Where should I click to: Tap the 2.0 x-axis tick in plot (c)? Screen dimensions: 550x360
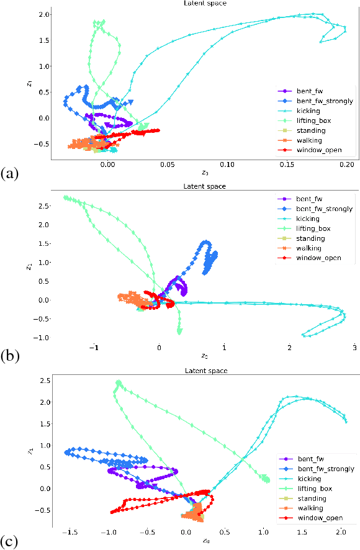340,532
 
